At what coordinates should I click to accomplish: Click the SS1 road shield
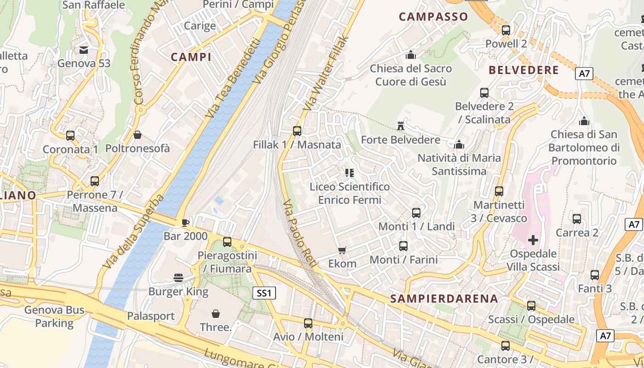[264, 293]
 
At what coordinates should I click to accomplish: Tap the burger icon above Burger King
[178, 278]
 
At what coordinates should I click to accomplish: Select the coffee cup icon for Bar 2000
[185, 223]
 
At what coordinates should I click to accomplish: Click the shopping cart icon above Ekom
[342, 250]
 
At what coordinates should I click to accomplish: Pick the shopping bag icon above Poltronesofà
[137, 135]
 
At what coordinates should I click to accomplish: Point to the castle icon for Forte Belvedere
[400, 126]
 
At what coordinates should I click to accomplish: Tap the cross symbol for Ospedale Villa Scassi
[533, 240]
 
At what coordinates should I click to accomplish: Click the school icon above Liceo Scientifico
[349, 173]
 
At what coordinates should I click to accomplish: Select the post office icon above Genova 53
[84, 50]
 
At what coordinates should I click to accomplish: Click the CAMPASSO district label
[433, 17]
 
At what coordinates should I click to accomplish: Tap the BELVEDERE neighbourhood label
[523, 70]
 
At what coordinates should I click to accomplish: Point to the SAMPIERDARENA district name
[444, 299]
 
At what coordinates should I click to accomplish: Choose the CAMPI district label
[191, 57]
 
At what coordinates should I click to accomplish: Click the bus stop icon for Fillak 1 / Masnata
[297, 131]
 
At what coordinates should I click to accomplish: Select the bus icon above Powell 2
[506, 30]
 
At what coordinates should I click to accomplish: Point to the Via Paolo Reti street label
[299, 235]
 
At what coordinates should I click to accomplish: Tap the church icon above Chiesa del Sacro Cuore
[411, 55]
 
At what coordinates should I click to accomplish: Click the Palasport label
[151, 316]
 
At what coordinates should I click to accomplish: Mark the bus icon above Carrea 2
[577, 219]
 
